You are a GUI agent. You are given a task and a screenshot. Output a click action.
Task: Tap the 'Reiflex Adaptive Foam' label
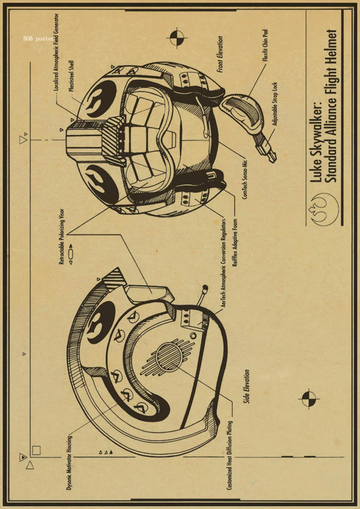pos(235,243)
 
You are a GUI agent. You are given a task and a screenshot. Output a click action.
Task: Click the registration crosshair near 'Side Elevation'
pos(309,398)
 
